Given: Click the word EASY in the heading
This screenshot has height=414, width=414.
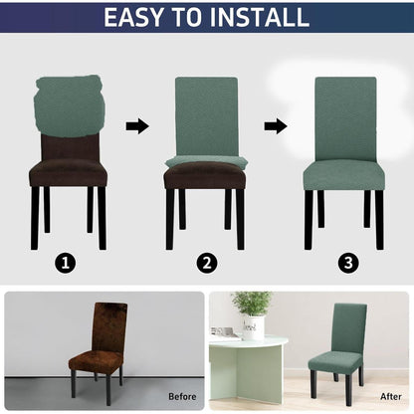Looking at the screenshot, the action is pos(133,17).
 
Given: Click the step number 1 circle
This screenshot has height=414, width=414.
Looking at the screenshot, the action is pos(65,264).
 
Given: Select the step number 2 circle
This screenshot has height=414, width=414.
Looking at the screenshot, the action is pos(207,264).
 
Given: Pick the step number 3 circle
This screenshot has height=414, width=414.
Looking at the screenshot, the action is pos(348,264).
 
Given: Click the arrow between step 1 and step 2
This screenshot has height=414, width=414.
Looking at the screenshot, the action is pos(137,126).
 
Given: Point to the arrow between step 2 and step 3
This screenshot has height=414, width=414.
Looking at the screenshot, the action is pos(276,126).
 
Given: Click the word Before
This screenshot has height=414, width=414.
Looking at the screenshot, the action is pos(182,396).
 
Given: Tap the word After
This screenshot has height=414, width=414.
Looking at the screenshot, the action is pos(391,396).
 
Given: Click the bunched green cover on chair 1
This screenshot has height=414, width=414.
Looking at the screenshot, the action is pos(70,106).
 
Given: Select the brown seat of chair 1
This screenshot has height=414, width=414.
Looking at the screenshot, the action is pos(68,172).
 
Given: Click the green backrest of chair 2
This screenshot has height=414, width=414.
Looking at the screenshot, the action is pos(206,116).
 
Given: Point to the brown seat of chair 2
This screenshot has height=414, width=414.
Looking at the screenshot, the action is pos(205,176).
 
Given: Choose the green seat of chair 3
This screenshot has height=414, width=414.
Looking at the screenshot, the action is pos(344,175).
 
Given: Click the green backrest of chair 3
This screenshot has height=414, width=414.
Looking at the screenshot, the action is pos(345,118).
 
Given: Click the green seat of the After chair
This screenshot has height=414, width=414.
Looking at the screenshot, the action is pos(334,361).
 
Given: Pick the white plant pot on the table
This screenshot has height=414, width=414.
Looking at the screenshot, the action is pos(253,327).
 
